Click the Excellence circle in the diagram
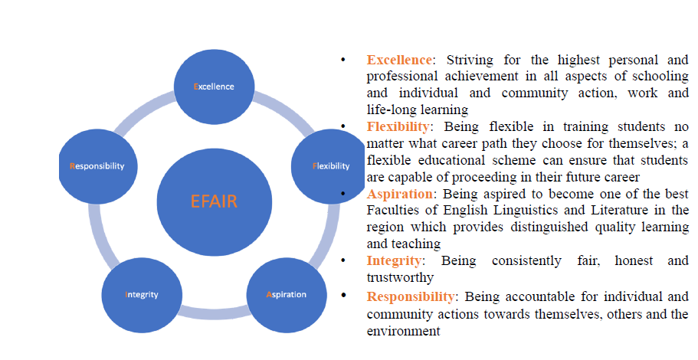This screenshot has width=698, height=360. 214,87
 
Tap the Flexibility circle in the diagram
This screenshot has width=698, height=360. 328,166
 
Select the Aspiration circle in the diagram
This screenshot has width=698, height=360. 287,295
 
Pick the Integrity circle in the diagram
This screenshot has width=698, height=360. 142,295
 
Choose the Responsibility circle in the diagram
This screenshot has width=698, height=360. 98,166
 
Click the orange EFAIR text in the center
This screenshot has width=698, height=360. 214,201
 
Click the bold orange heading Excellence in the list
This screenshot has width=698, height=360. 399,60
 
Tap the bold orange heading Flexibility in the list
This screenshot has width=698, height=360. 398,127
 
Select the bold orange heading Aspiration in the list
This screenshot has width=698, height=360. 399,194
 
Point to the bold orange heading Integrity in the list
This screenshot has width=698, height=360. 394,260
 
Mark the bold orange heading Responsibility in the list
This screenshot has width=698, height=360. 411,296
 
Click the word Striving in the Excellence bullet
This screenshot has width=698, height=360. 470,60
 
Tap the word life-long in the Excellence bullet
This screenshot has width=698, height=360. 385,110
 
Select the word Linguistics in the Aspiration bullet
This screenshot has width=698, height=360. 525,210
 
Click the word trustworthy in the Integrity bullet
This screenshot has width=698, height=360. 400,278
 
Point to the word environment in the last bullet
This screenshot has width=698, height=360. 403,332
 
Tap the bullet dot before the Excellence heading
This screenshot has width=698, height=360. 342,59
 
